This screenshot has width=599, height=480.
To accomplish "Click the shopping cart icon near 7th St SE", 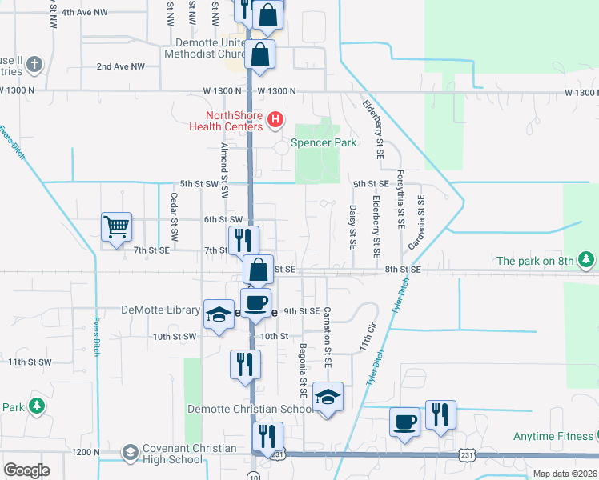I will coord(116,226).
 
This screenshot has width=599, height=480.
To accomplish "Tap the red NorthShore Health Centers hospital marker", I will coord(275,120).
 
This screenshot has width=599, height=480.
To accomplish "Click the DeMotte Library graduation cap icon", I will coord(218,314).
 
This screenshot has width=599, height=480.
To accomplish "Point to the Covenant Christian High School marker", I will coord(129,454).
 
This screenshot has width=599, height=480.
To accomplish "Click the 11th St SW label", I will coord(30,362).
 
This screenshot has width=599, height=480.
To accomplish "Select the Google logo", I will coord(26,470).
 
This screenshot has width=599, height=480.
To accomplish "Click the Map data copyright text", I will coord(564,474).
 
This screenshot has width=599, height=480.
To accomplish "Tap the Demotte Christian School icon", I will coord(326,397).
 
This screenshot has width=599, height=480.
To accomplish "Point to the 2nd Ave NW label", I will coord(120,66).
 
